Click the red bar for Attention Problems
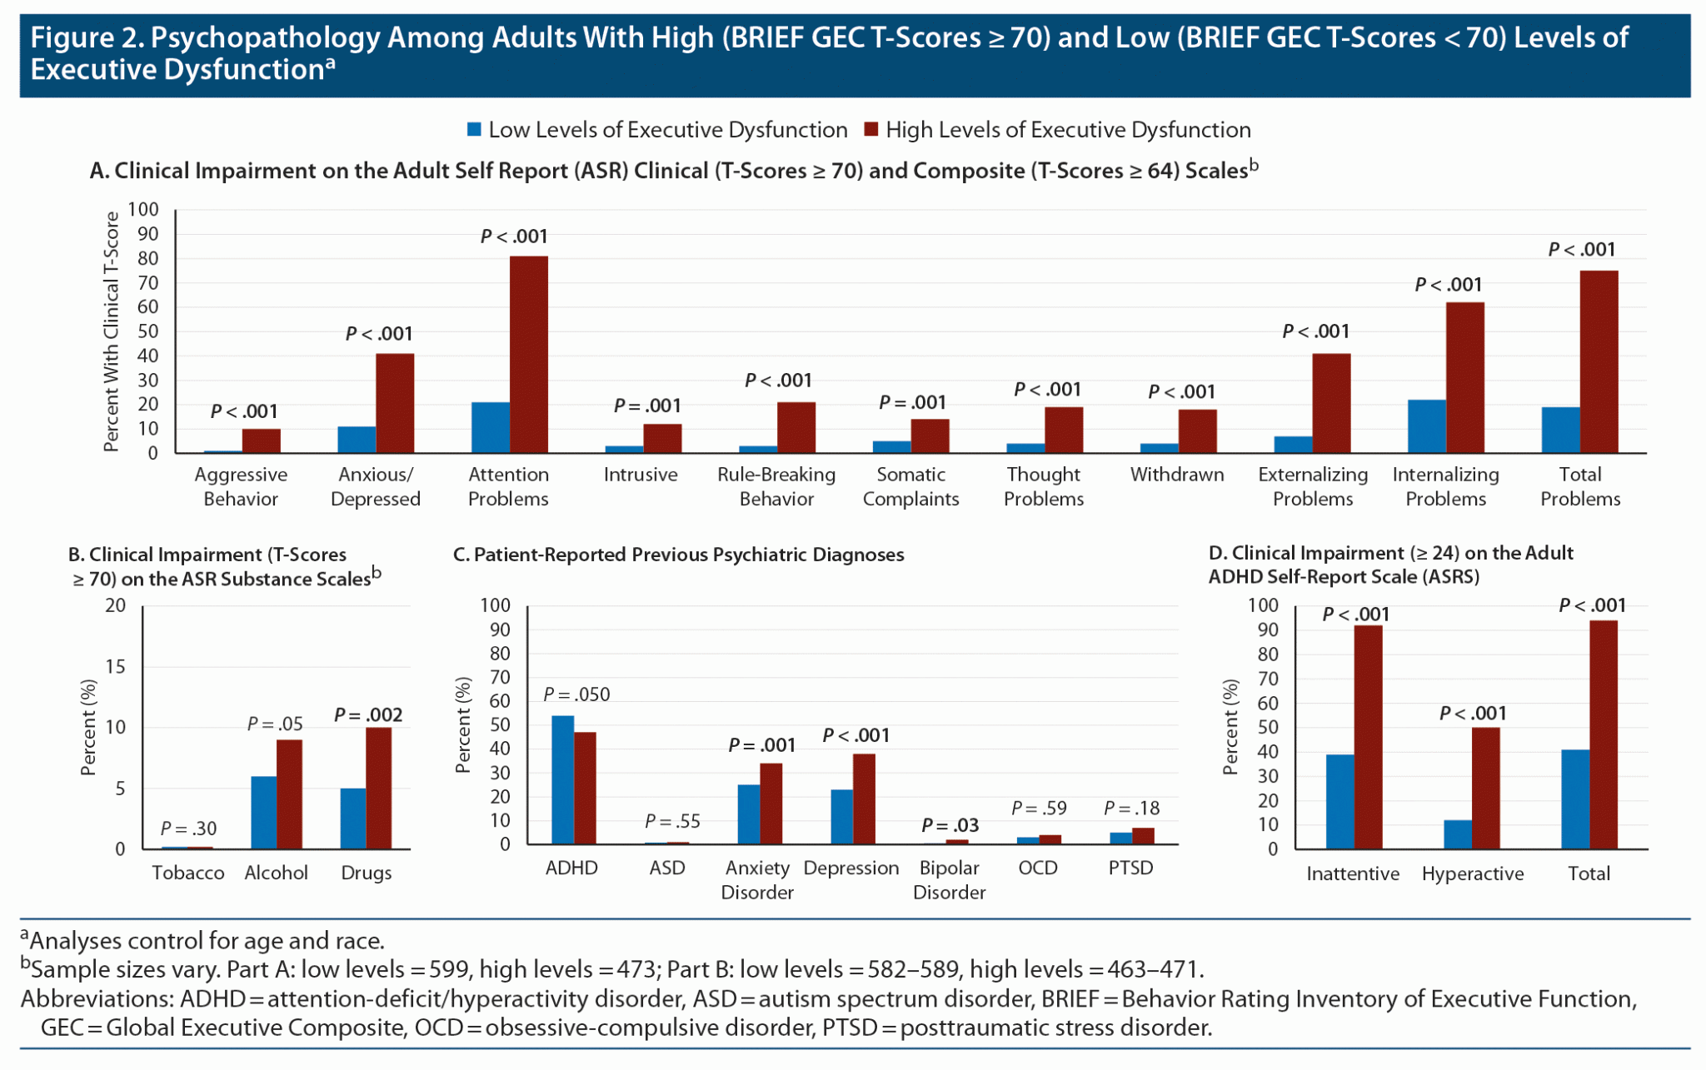[528, 355]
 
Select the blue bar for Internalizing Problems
[1426, 426]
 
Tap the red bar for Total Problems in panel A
[1599, 362]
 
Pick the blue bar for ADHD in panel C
[562, 779]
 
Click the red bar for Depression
[864, 799]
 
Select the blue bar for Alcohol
[263, 813]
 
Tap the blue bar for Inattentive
[1339, 802]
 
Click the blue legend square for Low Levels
[474, 130]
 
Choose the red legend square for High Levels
[871, 130]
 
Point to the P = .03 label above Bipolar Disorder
[950, 825]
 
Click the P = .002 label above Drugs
[367, 714]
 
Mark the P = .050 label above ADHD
[576, 694]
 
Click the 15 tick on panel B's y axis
[115, 666]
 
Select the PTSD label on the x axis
[1130, 868]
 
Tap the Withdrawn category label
[1176, 475]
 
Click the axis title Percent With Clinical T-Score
[111, 331]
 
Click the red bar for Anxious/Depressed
[394, 404]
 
